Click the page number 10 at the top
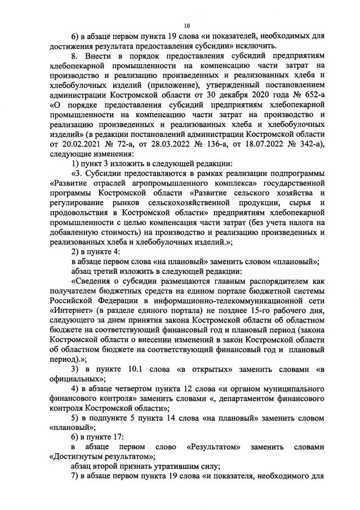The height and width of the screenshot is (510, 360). [x=186, y=25]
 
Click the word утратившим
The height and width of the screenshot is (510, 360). [x=165, y=467]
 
